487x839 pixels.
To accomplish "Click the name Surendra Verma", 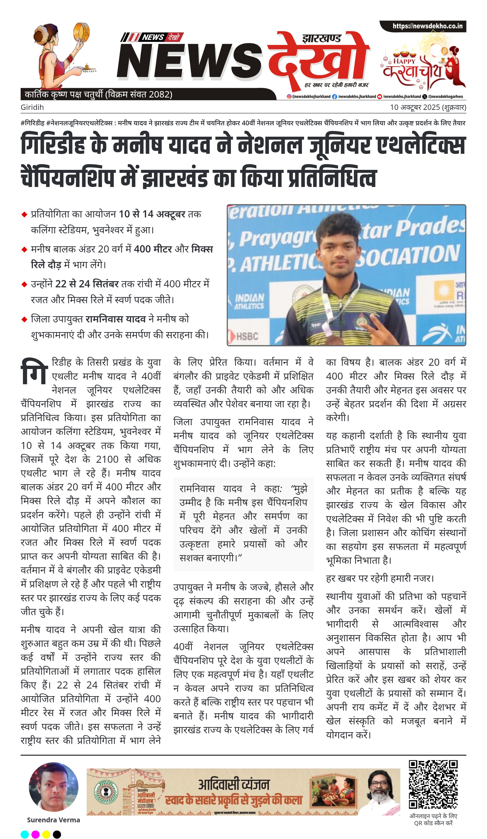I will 53,820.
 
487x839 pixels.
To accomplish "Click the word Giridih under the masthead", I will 32,107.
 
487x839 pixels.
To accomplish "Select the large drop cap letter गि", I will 34,371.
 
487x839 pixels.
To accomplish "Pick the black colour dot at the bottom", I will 57,834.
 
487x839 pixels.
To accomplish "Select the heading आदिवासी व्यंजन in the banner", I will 233,785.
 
